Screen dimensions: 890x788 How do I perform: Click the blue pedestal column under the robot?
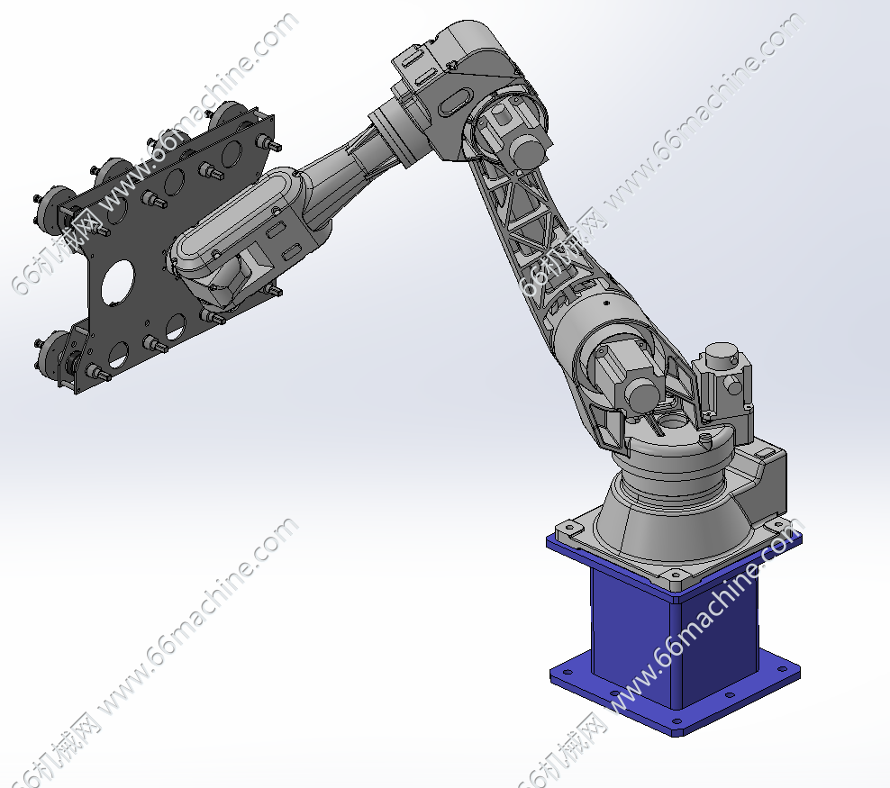pyautogui.click(x=676, y=641)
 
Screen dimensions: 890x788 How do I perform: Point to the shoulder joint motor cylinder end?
pyautogui.click(x=642, y=393)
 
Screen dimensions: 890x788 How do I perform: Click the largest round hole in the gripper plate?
pyautogui.click(x=117, y=282)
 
